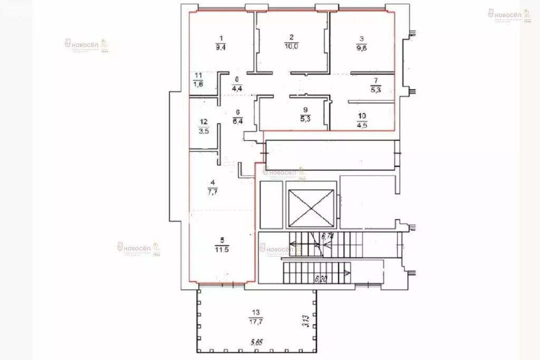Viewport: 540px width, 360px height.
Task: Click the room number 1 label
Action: [221, 37]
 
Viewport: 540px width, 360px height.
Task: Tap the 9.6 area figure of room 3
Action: [361, 46]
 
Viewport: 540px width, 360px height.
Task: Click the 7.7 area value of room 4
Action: [213, 192]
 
